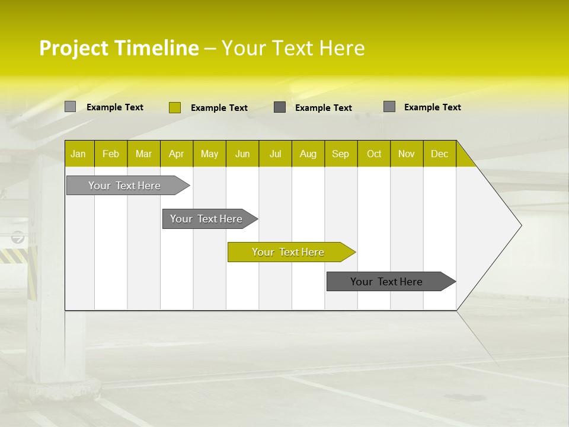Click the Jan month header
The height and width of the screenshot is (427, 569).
click(x=79, y=154)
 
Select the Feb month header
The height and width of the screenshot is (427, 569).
click(x=111, y=154)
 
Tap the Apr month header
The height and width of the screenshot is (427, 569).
click(x=177, y=154)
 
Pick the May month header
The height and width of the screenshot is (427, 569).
click(x=209, y=154)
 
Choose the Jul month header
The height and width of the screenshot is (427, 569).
click(x=275, y=154)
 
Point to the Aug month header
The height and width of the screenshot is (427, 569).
click(x=308, y=154)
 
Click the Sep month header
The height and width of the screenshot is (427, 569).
click(x=341, y=154)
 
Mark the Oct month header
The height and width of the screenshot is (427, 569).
click(x=374, y=154)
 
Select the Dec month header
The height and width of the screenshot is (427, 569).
click(x=439, y=154)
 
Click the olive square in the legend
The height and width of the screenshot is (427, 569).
click(x=174, y=107)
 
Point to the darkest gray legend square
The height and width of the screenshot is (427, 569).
click(x=280, y=107)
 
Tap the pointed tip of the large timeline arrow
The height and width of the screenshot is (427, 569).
click(x=520, y=225)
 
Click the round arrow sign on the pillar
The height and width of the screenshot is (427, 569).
click(x=18, y=238)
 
